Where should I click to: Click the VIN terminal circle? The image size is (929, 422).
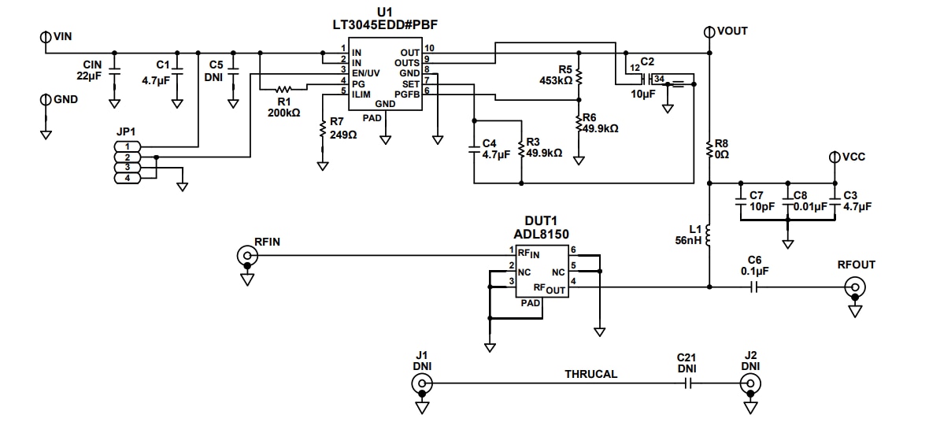click(45, 36)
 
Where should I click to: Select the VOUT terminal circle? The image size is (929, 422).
click(709, 31)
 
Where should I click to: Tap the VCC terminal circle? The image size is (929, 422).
click(835, 157)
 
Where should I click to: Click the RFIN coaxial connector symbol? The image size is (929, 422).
click(247, 256)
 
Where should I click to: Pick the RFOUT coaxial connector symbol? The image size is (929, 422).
click(853, 288)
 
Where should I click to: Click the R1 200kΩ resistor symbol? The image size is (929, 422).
click(283, 89)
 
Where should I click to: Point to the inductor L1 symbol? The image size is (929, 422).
click(709, 235)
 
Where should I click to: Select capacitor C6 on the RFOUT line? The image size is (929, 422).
click(754, 288)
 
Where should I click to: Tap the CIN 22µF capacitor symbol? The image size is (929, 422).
click(114, 71)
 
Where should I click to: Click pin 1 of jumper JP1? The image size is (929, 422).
click(128, 146)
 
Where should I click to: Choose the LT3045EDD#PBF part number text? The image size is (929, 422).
click(384, 25)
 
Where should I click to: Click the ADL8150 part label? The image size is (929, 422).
click(546, 234)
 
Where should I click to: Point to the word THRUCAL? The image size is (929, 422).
click(590, 374)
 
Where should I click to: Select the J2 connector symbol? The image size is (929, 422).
click(749, 384)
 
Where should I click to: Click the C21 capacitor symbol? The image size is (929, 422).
click(687, 384)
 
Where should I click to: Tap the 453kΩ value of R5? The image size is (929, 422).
click(555, 80)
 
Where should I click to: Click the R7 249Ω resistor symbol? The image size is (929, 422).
click(322, 130)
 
